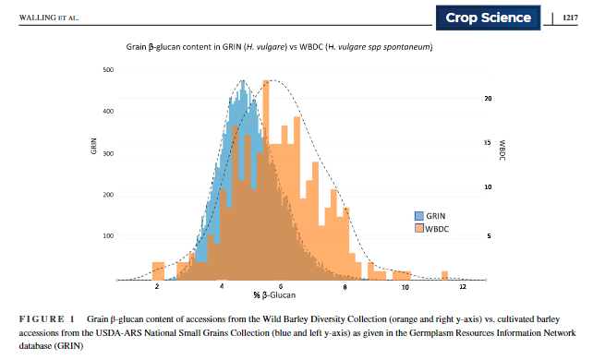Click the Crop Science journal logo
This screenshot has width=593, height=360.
tap(489, 18)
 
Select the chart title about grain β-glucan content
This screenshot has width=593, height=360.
tap(280, 46)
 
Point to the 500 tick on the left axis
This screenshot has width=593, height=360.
tap(108, 70)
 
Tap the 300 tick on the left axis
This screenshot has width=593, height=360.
tap(108, 153)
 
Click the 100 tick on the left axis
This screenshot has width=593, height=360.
tap(108, 236)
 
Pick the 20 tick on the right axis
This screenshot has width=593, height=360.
tap(487, 98)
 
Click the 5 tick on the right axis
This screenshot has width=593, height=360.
tap(486, 236)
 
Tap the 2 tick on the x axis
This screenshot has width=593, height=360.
tap(158, 288)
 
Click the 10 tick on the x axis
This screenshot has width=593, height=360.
tap(405, 288)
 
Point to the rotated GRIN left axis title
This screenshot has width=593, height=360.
tap(94, 146)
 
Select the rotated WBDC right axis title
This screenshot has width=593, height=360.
tap(501, 148)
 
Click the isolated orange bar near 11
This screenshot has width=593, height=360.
tap(443, 275)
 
